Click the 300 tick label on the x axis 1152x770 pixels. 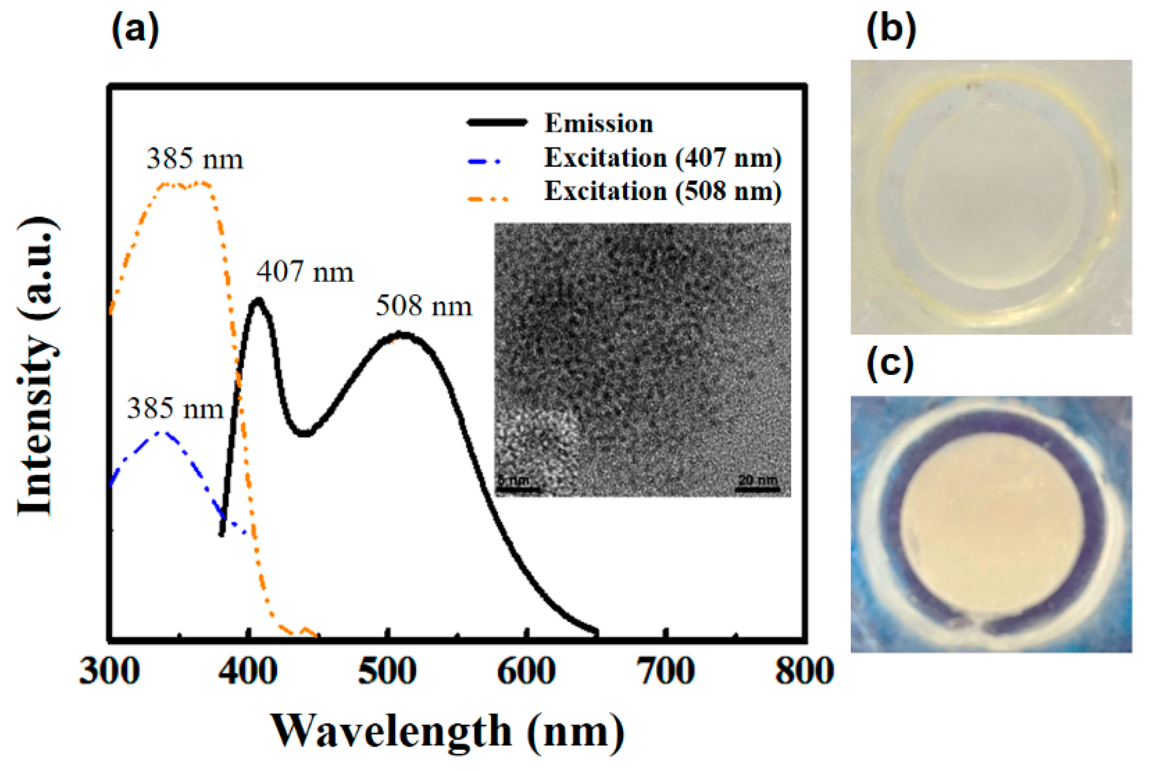pos(109,672)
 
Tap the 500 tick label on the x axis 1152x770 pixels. pos(387,672)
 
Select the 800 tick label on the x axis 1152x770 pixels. pos(804,672)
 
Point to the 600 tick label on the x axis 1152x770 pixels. pos(526,672)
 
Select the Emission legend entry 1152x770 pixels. pos(598,124)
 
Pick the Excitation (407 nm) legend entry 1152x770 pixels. pos(663,158)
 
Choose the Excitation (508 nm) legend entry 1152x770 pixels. pos(663,192)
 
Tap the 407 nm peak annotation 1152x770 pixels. pos(305,272)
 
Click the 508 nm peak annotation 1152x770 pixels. pos(424,307)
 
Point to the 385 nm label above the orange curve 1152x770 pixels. pos(195,159)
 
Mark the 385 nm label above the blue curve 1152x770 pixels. pos(175,409)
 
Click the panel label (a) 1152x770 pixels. pos(135,29)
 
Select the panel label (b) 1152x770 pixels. pos(891,29)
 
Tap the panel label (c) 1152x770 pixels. pos(889,364)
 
